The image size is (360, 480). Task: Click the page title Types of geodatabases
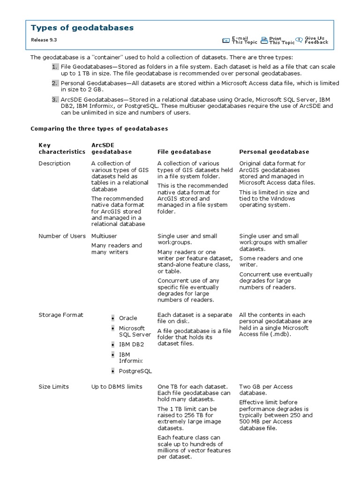click(x=82, y=28)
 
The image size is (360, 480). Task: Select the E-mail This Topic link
click(x=244, y=40)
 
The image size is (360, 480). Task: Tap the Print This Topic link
click(x=282, y=40)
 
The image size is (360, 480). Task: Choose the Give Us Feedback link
click(x=316, y=40)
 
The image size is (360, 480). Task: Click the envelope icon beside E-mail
click(x=226, y=40)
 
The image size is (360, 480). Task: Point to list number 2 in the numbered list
click(x=55, y=83)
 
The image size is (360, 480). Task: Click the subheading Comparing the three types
click(x=99, y=128)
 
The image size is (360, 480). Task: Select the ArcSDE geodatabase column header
click(x=112, y=149)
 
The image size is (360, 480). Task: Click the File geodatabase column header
click(x=184, y=152)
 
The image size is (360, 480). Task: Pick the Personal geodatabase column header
click(x=274, y=152)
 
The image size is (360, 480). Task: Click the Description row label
click(x=54, y=164)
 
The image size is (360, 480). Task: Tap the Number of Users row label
click(x=62, y=236)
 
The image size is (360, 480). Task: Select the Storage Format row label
click(x=61, y=315)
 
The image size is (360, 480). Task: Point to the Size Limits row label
click(x=53, y=387)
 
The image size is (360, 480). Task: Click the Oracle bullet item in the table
click(x=128, y=318)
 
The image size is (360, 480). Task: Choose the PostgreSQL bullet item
click(x=135, y=371)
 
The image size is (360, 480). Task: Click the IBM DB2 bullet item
click(x=131, y=345)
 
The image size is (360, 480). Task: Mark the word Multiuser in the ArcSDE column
click(x=104, y=236)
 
